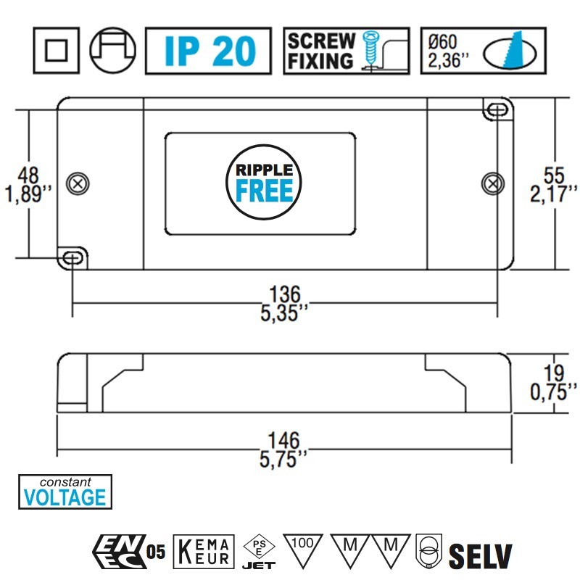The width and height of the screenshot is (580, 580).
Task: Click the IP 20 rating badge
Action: (x=208, y=51)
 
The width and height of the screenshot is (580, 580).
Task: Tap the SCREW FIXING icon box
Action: (x=346, y=51)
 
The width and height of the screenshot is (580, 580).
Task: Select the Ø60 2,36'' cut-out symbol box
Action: (x=483, y=51)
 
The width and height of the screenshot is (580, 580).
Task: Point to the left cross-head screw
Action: (x=75, y=182)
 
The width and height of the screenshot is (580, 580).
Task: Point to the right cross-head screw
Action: (x=493, y=182)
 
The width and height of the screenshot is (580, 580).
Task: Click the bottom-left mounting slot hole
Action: (x=72, y=257)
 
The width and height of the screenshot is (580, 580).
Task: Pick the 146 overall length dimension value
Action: (x=284, y=441)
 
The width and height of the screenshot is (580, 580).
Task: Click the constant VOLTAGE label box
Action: (x=65, y=492)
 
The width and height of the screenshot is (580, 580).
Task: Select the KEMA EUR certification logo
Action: (x=205, y=552)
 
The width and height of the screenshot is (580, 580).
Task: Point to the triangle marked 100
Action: (x=304, y=547)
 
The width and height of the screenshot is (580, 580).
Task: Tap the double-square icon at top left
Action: (x=57, y=51)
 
